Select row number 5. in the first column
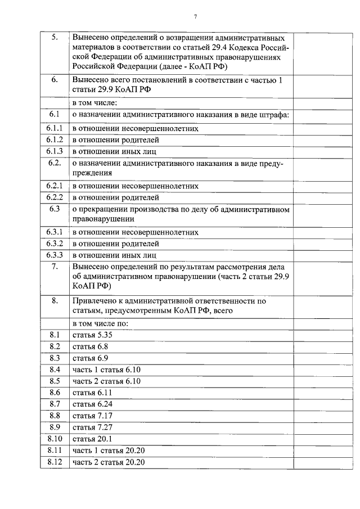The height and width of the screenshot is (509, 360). (55, 37)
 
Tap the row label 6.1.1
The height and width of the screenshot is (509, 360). (55, 128)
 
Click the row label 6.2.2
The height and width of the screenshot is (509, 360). (55, 197)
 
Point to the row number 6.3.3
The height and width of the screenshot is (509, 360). (55, 255)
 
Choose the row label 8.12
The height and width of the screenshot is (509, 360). (55, 462)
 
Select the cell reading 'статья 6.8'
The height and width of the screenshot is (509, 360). (90, 346)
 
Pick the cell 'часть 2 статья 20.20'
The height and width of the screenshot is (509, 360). (109, 462)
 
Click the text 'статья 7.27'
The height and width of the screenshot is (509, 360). (92, 427)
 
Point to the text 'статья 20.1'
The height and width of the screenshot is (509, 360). (92, 439)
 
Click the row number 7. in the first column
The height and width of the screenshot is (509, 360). (55, 267)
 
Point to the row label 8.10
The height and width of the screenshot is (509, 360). (55, 439)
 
